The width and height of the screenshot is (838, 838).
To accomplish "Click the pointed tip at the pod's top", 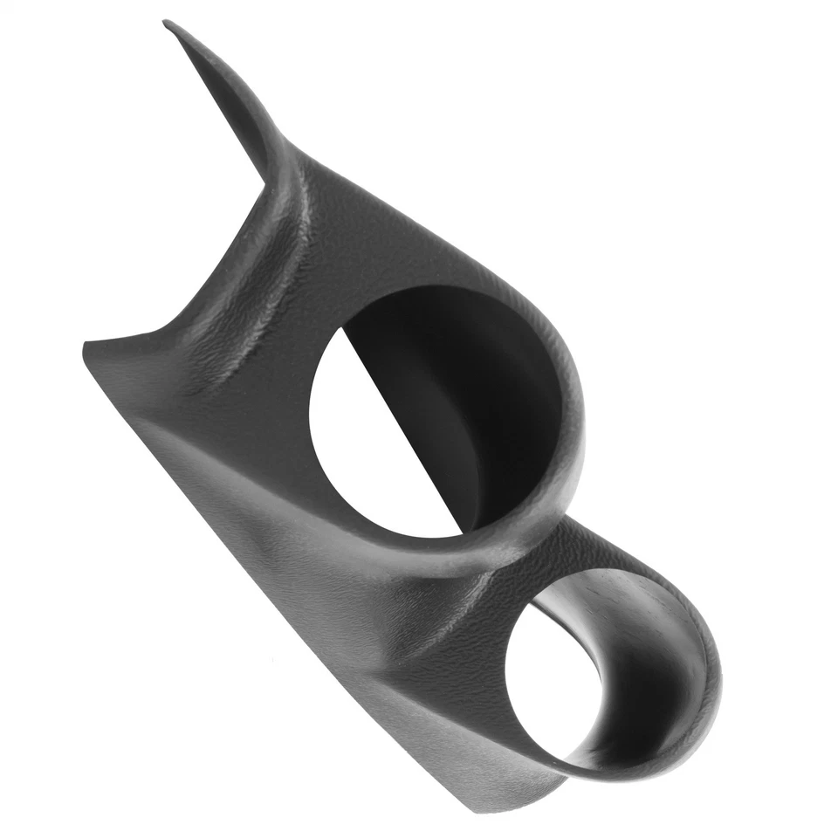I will click(x=168, y=24).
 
